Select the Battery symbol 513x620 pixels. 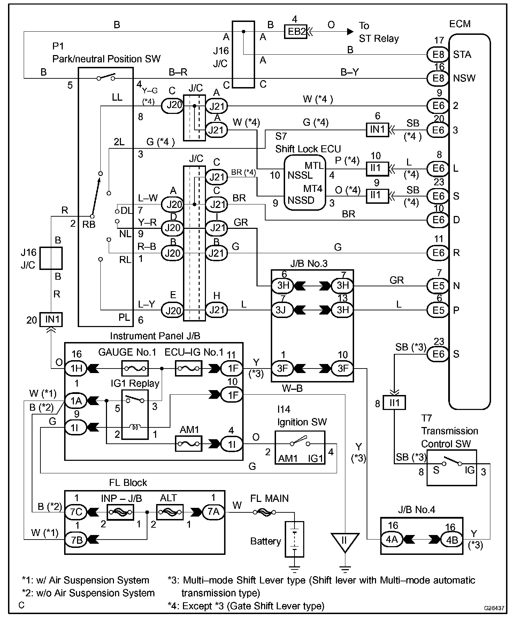(x=294, y=539)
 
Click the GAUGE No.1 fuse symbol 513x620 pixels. (x=135, y=368)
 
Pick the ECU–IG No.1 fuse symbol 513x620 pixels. (x=188, y=368)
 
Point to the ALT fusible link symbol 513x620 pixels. (x=170, y=512)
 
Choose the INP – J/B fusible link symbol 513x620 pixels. (x=120, y=512)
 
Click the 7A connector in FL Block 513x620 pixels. (x=213, y=512)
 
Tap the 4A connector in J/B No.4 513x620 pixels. (x=392, y=539)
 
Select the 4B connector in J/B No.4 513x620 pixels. (x=452, y=539)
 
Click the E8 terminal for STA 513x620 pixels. (x=438, y=54)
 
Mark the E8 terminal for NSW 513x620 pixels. (x=438, y=78)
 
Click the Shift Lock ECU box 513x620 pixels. (x=305, y=183)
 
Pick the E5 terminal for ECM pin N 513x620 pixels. (x=438, y=286)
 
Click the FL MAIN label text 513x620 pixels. (x=269, y=498)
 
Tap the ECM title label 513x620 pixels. (x=460, y=24)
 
